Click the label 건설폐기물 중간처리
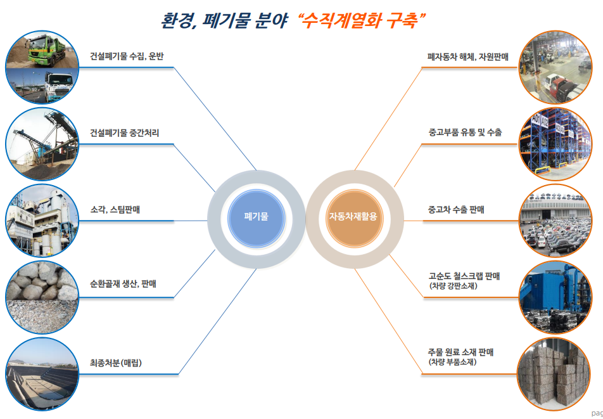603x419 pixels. pyautogui.click(x=124, y=133)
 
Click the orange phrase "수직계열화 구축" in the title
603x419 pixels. pyautogui.click(x=363, y=20)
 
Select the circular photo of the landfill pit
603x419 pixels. pyautogui.click(x=41, y=377)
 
